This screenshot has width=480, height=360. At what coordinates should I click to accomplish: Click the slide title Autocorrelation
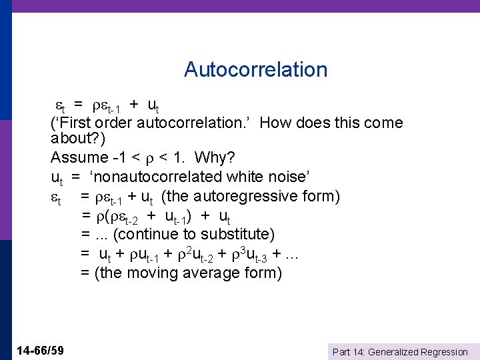[255, 69]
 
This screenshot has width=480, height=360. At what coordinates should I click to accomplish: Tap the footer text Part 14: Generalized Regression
[400, 352]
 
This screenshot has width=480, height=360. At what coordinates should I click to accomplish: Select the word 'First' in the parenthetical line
[73, 123]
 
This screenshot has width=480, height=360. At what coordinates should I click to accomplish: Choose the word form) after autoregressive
[323, 197]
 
